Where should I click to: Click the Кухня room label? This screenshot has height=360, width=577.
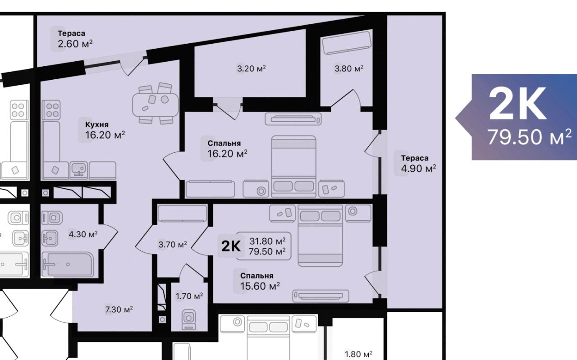pos(97,125)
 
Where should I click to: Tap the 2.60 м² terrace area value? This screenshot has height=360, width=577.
pos(75,44)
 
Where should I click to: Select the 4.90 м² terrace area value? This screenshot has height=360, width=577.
pos(418,169)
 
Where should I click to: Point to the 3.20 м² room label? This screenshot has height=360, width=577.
pos(252,68)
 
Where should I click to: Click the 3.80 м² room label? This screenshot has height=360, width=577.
pos(349,68)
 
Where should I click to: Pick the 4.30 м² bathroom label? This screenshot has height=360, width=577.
pos(83,234)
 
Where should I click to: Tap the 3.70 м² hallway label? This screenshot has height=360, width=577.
pos(173,244)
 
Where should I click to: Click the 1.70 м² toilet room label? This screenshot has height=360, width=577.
pos(189,296)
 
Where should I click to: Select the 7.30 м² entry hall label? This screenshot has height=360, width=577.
pos(119,309)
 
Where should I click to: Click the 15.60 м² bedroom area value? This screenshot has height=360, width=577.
pos(260,286)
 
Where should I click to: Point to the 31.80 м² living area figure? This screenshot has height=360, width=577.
pos(267,242)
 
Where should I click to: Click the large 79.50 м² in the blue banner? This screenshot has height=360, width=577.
pos(529,137)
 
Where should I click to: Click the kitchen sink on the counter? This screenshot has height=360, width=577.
pos(78,170)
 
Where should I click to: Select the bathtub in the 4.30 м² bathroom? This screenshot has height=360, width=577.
pos(68,264)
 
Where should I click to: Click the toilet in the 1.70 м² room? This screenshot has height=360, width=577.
pos(188,319)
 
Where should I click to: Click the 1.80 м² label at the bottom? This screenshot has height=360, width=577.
pos(358,354)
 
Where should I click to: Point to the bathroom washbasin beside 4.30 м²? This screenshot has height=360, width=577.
pos(50,238)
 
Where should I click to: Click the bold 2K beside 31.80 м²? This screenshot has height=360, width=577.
pos(231,246)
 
